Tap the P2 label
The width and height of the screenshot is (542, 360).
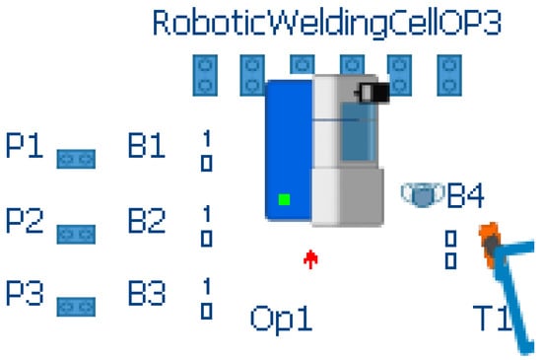tap(25, 220)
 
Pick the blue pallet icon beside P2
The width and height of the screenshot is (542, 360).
tap(76, 234)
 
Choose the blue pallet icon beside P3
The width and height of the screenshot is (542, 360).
tap(76, 308)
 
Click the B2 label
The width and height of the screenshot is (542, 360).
tap(148, 220)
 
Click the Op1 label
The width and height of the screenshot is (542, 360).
tap(281, 320)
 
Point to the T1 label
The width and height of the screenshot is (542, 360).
tap(490, 320)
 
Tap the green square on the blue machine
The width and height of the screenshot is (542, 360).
tap(284, 200)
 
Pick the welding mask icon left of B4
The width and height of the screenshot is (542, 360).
tap(422, 195)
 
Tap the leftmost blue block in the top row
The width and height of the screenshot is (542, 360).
tap(206, 75)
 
